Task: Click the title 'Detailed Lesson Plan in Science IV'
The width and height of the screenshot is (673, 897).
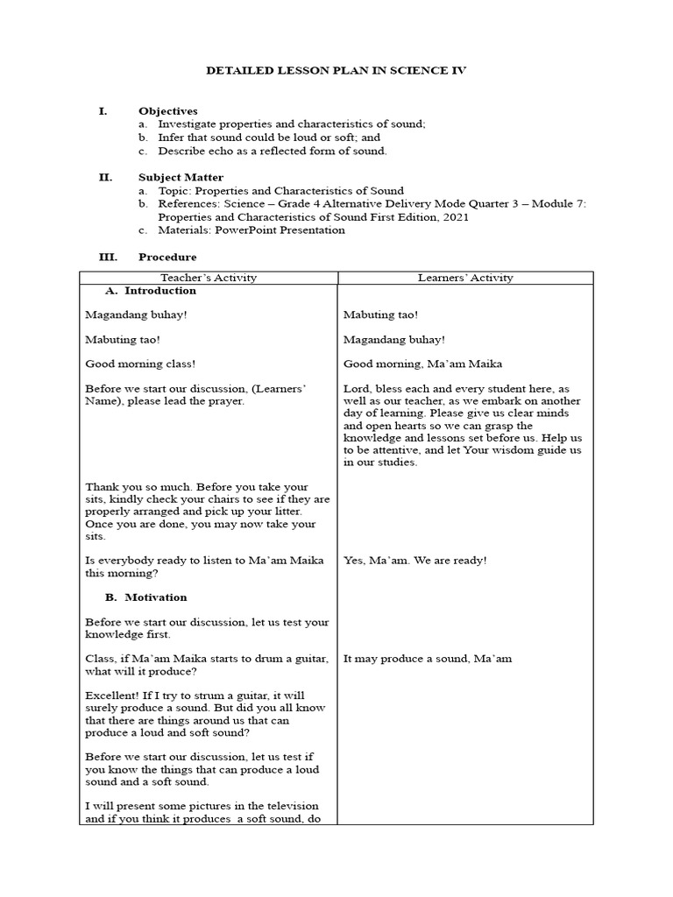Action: (336, 71)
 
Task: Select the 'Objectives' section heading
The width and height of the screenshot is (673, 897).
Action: (167, 111)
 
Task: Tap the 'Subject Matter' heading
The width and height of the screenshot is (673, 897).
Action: (181, 177)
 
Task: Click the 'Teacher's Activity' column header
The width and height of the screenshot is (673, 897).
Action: (209, 278)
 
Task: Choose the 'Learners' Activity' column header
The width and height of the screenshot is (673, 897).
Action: (465, 278)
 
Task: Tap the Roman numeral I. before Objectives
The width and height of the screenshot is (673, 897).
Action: (102, 111)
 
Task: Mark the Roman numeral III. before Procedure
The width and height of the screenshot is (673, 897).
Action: (105, 257)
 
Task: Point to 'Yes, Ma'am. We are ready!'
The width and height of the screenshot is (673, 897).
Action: (414, 560)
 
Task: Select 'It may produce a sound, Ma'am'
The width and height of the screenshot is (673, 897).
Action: (427, 659)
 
